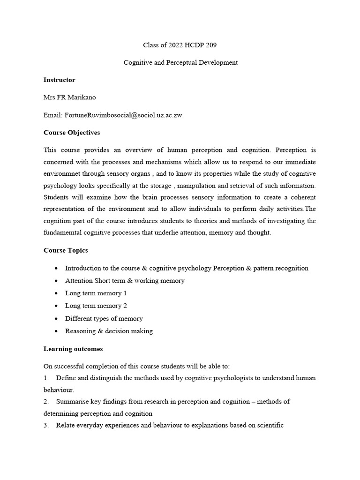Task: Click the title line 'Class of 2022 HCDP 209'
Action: coord(180,45)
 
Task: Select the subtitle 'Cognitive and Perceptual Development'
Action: coord(180,62)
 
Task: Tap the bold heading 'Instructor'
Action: coord(59,80)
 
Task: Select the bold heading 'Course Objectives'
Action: coord(72,133)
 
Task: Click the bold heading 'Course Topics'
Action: coord(66,250)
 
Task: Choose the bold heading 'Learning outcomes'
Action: coord(73,349)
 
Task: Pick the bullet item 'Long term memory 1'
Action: coord(96,293)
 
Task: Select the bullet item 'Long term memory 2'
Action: coord(96,306)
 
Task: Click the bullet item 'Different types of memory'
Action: coord(104,318)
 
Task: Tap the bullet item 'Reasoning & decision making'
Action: coord(109,331)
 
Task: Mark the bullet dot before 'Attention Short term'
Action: coord(56,281)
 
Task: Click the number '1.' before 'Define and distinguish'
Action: coord(46,378)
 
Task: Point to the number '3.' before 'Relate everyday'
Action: coord(46,425)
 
